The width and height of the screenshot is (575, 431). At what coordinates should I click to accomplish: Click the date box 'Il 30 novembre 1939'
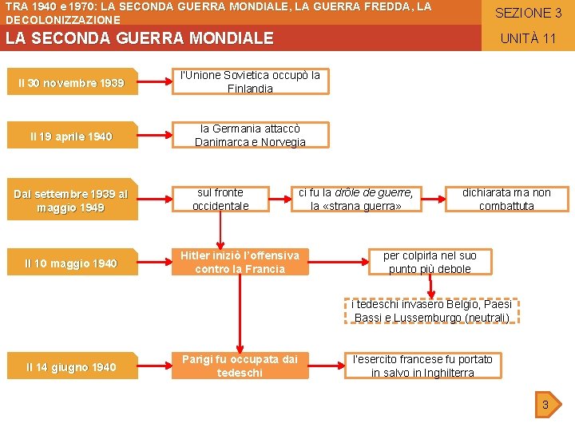[70, 83]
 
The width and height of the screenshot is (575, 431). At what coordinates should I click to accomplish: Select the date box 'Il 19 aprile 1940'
[70, 136]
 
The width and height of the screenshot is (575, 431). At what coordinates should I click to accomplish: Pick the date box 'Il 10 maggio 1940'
[70, 263]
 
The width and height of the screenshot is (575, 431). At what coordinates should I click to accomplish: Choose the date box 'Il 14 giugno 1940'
[70, 367]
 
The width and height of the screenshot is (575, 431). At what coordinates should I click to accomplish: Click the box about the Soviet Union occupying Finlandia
[250, 81]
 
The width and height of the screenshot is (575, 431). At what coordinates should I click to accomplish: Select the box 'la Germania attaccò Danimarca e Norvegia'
[250, 136]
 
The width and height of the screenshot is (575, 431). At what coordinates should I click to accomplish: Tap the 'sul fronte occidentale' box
[220, 200]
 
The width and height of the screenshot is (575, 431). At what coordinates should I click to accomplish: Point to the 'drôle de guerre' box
[355, 200]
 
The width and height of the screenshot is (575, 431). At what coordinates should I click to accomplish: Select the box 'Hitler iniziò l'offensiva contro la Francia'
[240, 262]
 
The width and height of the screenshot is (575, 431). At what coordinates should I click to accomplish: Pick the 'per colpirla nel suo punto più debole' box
[430, 262]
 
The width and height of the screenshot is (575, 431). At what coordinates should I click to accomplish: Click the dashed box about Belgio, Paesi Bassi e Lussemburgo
[431, 311]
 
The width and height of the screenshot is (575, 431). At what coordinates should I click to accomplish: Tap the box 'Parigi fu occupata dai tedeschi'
[240, 366]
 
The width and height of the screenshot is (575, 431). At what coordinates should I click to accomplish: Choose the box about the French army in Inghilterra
[422, 366]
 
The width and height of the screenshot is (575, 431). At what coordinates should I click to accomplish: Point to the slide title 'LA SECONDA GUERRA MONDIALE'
[140, 38]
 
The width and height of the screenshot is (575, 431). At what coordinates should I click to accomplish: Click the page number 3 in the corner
[545, 405]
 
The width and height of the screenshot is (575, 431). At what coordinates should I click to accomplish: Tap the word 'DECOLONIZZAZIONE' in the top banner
[63, 19]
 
